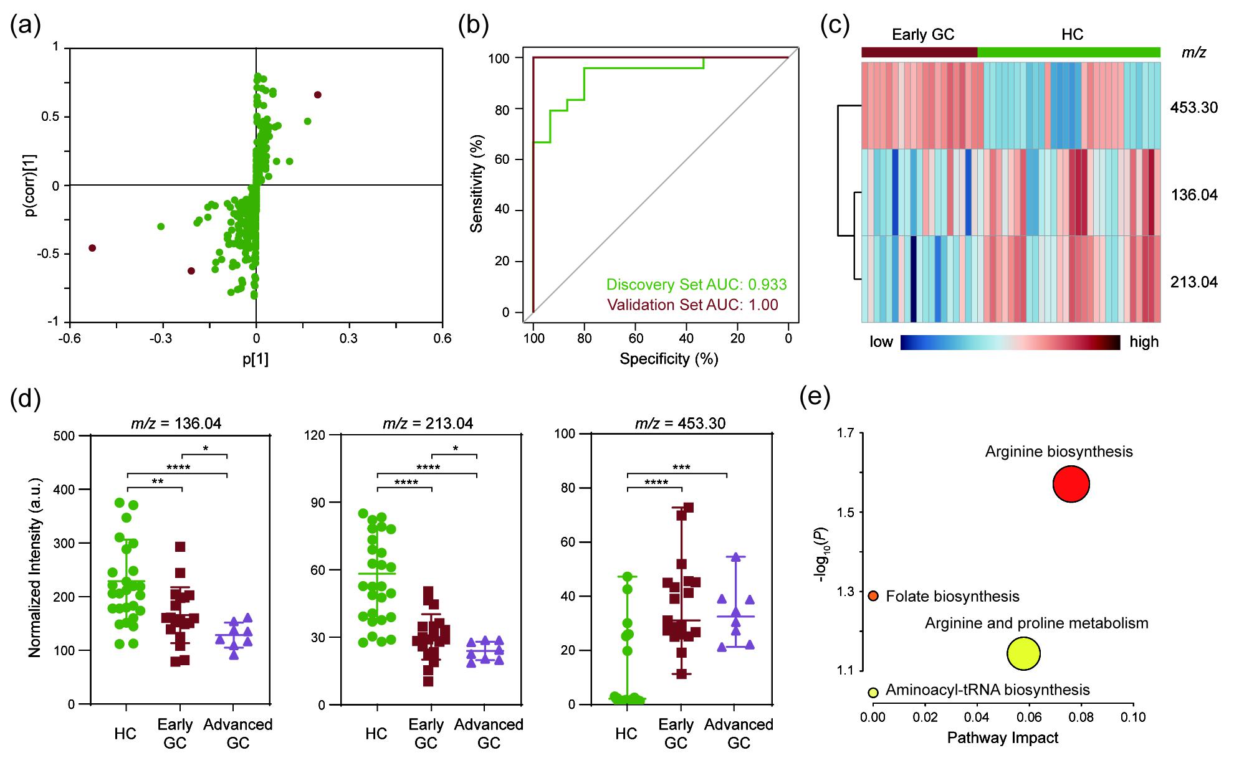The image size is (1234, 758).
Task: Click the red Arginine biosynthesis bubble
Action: point(1071,484)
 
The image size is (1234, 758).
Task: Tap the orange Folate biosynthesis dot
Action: point(873,596)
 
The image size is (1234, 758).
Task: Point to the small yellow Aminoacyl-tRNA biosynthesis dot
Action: point(873,692)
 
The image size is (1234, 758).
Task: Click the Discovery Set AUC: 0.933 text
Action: point(696,285)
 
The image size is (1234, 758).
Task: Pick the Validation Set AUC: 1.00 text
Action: point(692,305)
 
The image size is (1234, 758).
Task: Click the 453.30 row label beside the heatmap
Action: point(1193,108)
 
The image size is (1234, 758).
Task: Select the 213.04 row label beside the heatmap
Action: point(1193,283)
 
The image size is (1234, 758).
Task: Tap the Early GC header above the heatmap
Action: point(923,35)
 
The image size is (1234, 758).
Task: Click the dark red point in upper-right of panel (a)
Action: point(318,95)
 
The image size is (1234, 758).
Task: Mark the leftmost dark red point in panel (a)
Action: point(92,248)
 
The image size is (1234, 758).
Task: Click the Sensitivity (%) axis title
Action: point(477,184)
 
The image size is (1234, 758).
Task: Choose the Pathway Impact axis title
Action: point(1002,738)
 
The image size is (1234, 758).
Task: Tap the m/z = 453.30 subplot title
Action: point(680,424)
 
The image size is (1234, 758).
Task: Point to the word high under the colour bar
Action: point(1144,342)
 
